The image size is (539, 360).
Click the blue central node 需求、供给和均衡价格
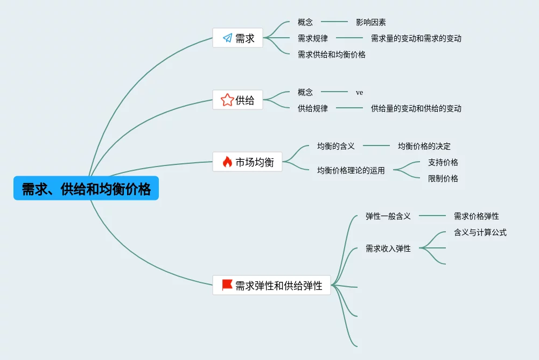pyautogui.click(x=86, y=188)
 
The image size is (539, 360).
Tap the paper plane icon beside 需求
pyautogui.click(x=228, y=38)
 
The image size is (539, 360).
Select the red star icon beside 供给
pyautogui.click(x=227, y=100)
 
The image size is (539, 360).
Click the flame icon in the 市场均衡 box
pyautogui.click(x=227, y=162)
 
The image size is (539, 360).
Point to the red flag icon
pyautogui.click(x=227, y=285)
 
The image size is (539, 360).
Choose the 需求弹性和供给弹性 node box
pyautogui.click(x=271, y=285)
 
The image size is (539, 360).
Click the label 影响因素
pyautogui.click(x=371, y=23)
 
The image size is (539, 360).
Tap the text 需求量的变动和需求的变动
pyautogui.click(x=416, y=39)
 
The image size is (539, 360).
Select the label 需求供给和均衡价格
pyautogui.click(x=331, y=54)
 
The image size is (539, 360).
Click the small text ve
pyautogui.click(x=359, y=93)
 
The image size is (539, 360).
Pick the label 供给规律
pyautogui.click(x=313, y=108)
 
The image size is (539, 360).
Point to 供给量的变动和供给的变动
pyautogui.click(x=416, y=108)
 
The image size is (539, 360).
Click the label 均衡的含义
pyautogui.click(x=336, y=146)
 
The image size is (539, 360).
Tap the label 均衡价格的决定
pyautogui.click(x=424, y=146)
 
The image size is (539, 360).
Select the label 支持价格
pyautogui.click(x=443, y=162)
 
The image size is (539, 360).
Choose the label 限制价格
pyautogui.click(x=443, y=178)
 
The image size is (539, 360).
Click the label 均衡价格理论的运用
pyautogui.click(x=351, y=170)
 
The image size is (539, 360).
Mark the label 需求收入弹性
pyautogui.click(x=388, y=248)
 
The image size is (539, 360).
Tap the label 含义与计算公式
pyautogui.click(x=480, y=232)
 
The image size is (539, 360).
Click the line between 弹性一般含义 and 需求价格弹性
pyautogui.click(x=432, y=216)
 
